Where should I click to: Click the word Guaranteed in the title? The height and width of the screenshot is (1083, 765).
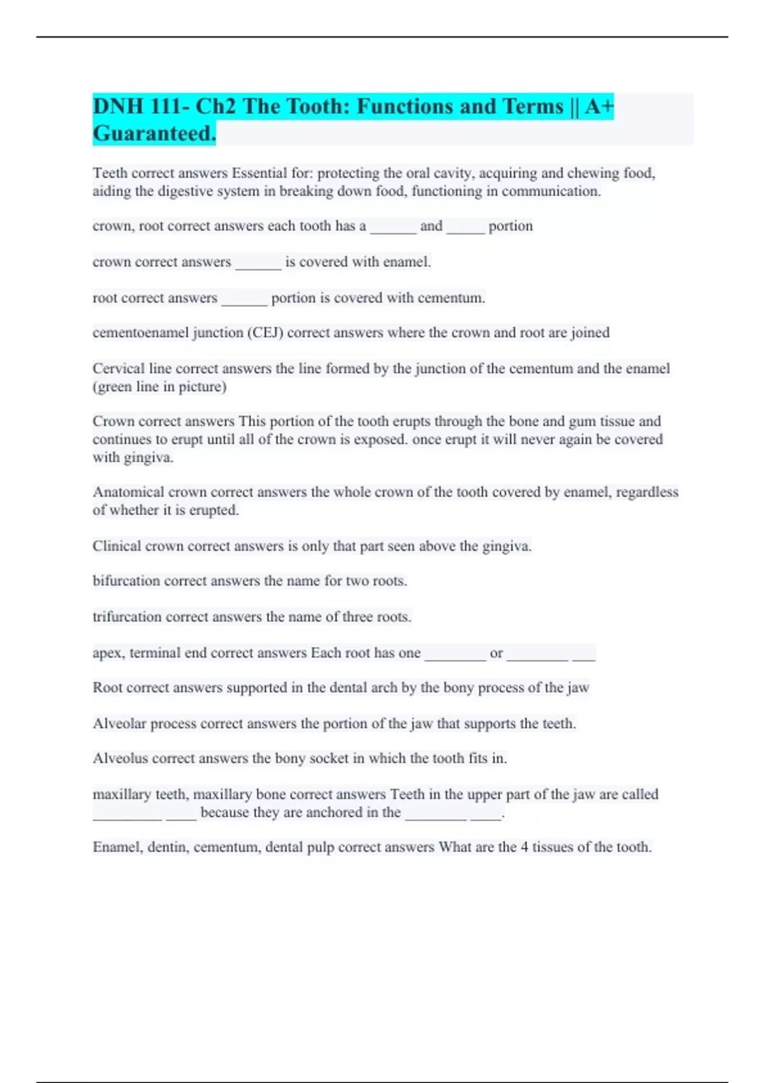[154, 133]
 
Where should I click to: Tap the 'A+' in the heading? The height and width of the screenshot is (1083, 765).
[599, 106]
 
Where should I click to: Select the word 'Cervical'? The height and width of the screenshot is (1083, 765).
[118, 368]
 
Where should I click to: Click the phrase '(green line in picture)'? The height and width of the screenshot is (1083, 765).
[159, 387]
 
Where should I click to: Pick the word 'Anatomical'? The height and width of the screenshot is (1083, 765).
[127, 492]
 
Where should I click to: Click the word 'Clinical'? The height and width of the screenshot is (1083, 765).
[117, 546]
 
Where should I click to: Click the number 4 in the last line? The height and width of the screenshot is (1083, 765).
[524, 847]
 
